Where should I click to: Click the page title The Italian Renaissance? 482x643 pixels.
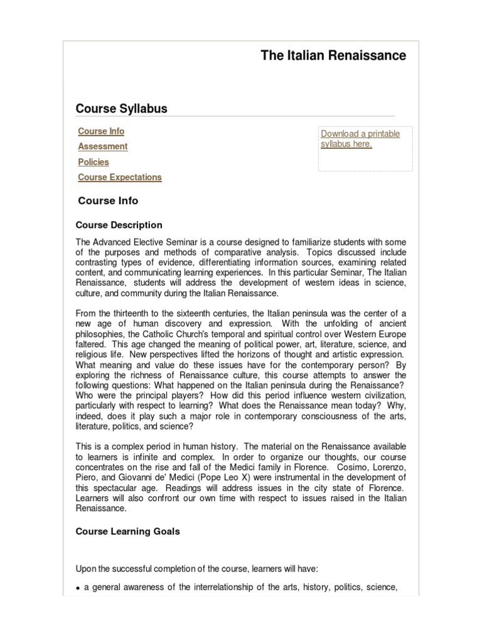pyautogui.click(x=333, y=55)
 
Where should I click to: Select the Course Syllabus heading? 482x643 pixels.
pyautogui.click(x=122, y=109)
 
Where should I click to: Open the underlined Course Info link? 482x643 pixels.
pyautogui.click(x=101, y=131)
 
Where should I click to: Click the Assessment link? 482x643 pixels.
pyautogui.click(x=102, y=146)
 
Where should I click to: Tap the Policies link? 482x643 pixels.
pyautogui.click(x=94, y=162)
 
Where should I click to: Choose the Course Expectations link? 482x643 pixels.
pyautogui.click(x=120, y=177)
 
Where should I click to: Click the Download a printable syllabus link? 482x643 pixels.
pyautogui.click(x=360, y=139)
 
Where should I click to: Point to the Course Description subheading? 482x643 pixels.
pyautogui.click(x=119, y=225)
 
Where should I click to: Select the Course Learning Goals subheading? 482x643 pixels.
pyautogui.click(x=127, y=531)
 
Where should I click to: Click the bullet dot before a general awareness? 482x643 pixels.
pyautogui.click(x=78, y=588)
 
